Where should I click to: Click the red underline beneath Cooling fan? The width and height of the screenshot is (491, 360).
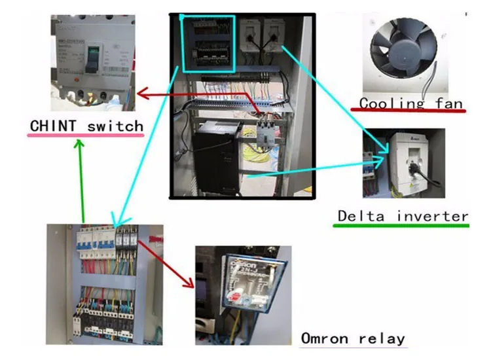coord(412,111)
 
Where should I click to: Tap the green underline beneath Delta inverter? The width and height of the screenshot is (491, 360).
coord(401,225)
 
